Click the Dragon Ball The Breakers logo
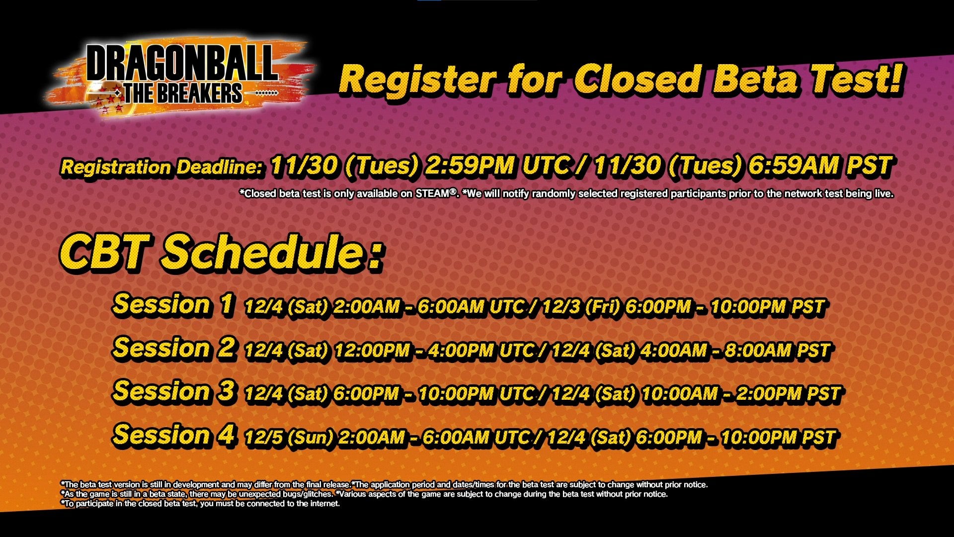(x=181, y=76)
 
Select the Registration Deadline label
(x=161, y=167)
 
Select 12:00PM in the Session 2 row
(x=373, y=351)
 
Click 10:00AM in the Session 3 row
(x=680, y=394)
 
